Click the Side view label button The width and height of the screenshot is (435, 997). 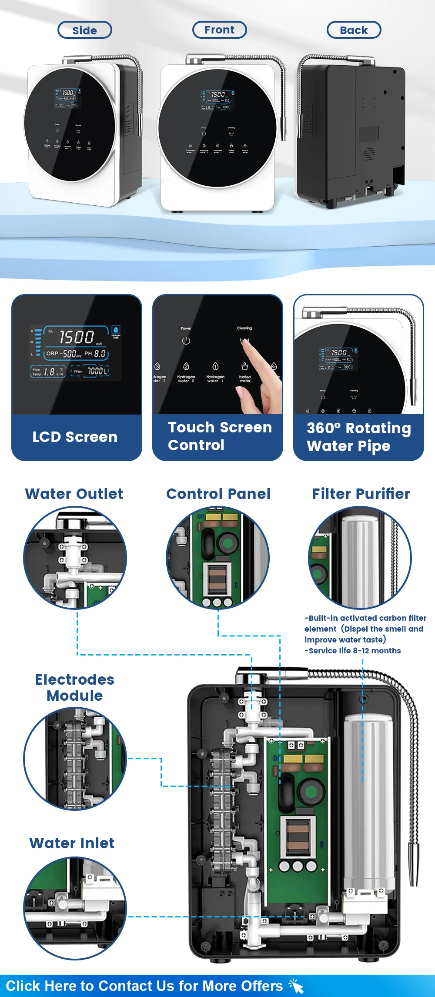click(85, 30)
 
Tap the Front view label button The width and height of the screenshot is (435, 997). click(220, 30)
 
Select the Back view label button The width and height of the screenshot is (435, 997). click(354, 30)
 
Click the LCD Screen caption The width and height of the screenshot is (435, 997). click(75, 437)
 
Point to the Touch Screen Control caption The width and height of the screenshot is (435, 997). click(220, 436)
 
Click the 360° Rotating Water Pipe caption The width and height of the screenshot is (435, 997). click(358, 437)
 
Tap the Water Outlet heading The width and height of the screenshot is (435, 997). click(74, 494)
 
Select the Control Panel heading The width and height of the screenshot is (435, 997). click(218, 494)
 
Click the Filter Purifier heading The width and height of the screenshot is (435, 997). click(361, 494)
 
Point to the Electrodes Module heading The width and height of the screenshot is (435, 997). click(75, 687)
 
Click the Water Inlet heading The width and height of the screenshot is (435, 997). click(72, 843)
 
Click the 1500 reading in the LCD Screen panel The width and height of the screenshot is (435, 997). click(76, 337)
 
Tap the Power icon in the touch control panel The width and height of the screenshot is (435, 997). click(186, 341)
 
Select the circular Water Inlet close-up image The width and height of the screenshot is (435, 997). click(75, 908)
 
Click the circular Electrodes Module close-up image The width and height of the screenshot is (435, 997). click(75, 759)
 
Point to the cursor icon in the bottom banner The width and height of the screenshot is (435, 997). click(296, 986)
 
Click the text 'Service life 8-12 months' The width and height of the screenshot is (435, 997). click(353, 651)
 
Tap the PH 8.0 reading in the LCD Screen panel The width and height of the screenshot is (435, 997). click(95, 354)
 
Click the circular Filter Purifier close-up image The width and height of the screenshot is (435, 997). click(360, 558)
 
